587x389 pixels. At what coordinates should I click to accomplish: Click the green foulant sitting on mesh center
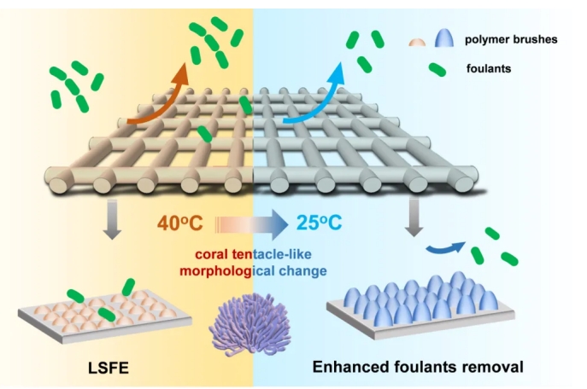[203, 133]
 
